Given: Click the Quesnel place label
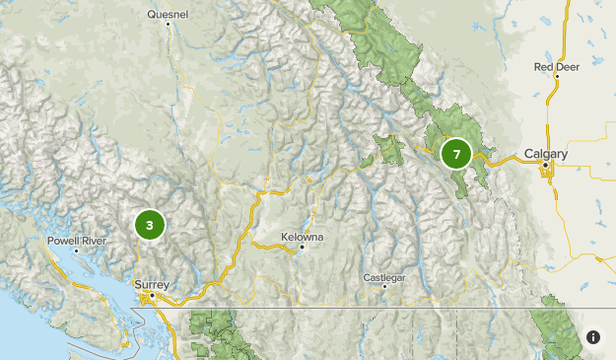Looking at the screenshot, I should (167, 15).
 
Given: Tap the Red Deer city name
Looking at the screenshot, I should (556, 67).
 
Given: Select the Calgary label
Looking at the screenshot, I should (546, 154).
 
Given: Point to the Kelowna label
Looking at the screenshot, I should (302, 238).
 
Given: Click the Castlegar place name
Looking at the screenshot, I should (384, 278).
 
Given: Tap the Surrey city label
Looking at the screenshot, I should (152, 284).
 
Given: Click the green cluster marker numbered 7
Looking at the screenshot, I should (456, 154).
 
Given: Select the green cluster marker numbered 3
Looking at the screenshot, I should (149, 225).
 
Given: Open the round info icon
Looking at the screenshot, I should (593, 337).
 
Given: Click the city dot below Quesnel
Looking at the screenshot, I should (169, 25).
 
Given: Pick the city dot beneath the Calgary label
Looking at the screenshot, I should (545, 165).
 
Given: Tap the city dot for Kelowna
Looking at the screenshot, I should (303, 248).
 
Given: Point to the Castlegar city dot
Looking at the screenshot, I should (384, 287).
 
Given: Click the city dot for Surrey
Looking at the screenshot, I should (152, 294).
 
